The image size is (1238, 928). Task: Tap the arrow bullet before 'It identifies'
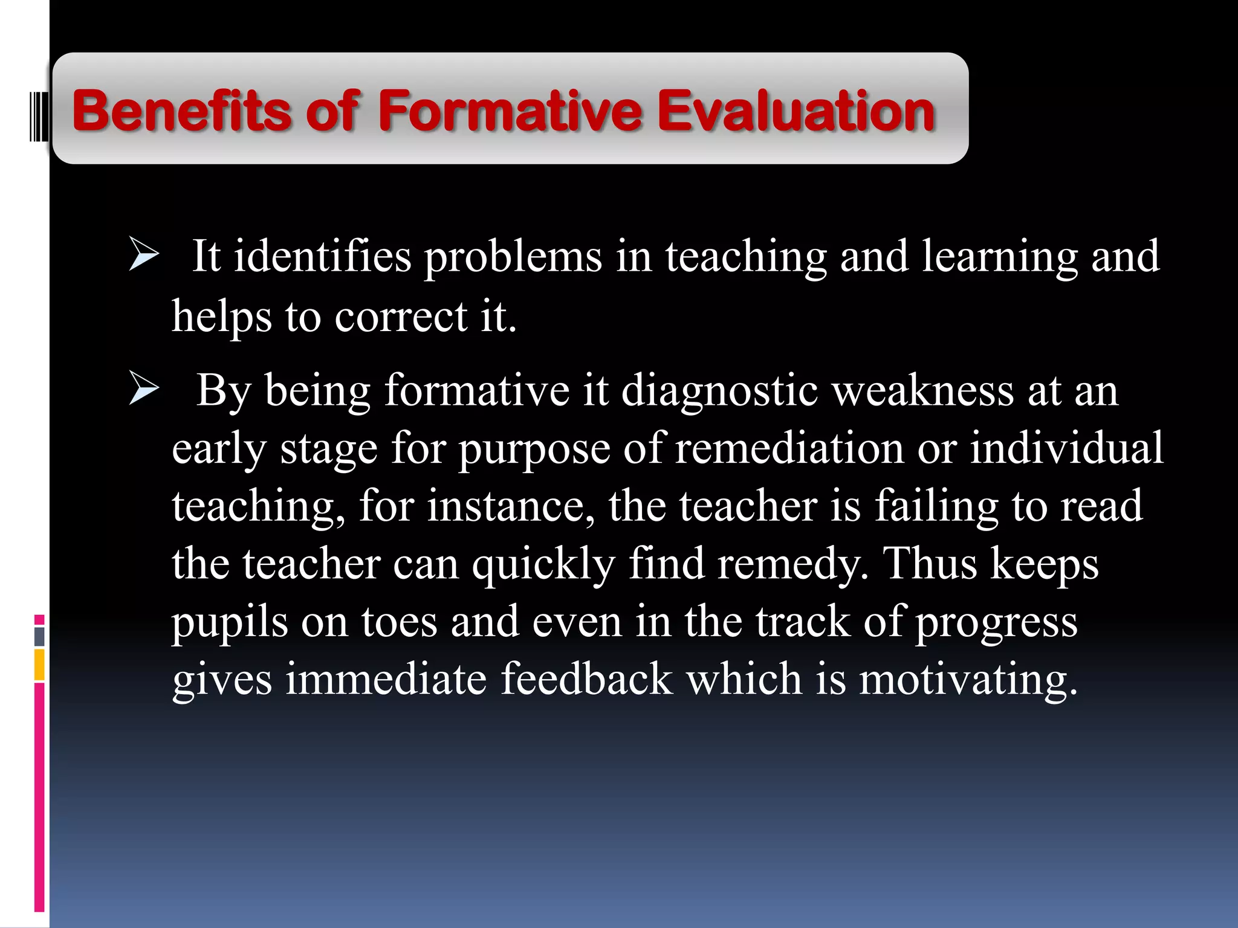pos(144,256)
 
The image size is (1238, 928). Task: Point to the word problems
pos(513,257)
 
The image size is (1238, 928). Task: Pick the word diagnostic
pos(719,391)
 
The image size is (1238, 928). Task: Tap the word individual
pos(1066,448)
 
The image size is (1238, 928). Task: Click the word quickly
pos(543,564)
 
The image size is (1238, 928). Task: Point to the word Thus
pos(930,563)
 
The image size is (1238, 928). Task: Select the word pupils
pos(230,622)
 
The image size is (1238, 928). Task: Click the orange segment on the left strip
pos(39,665)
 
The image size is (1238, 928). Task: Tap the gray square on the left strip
pos(39,636)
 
